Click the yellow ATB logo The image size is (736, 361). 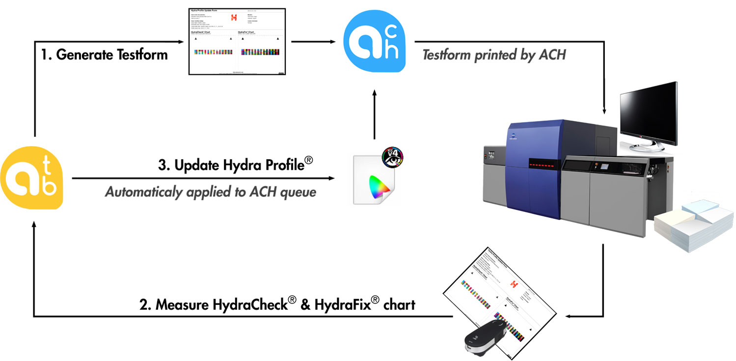click(32, 176)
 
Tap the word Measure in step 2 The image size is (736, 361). click(183, 305)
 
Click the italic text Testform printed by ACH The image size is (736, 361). click(494, 55)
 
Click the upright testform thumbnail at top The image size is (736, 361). click(238, 41)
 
